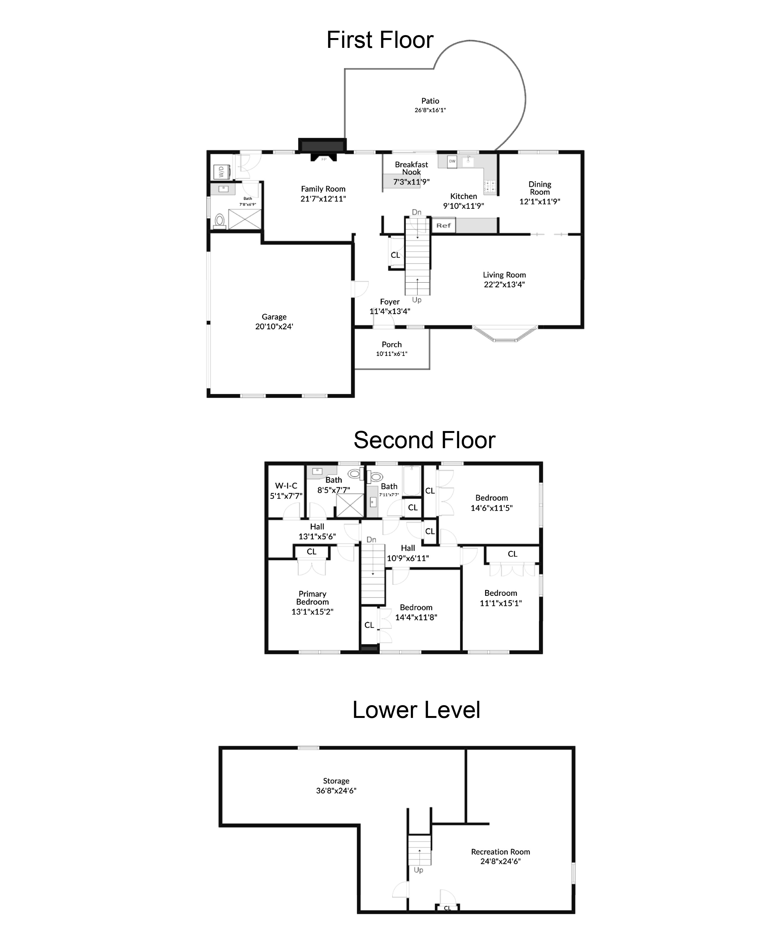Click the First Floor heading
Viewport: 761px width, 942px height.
(x=380, y=40)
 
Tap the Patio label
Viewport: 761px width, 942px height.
(x=430, y=101)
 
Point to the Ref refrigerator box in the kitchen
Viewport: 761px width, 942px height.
(x=444, y=225)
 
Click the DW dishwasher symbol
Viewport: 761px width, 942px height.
(x=452, y=161)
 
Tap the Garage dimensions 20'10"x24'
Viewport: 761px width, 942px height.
(x=274, y=326)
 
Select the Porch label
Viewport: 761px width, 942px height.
(x=391, y=344)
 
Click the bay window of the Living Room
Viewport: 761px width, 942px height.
(x=505, y=333)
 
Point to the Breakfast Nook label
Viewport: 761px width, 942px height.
(x=411, y=168)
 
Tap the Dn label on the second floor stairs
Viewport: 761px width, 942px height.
(x=371, y=540)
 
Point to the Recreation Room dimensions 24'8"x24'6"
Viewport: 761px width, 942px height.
(x=500, y=861)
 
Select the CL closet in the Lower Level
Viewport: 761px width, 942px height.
(x=447, y=908)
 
